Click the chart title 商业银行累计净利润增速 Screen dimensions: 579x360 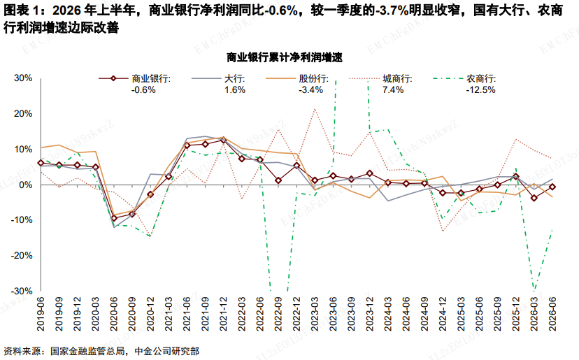click(285, 57)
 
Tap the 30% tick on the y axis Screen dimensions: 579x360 click(23, 78)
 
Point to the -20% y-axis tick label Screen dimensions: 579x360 click(22, 256)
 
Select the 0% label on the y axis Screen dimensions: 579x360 click(26, 185)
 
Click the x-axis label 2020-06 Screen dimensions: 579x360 click(113, 315)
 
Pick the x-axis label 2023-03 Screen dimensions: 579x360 click(314, 315)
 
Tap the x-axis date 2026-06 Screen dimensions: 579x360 click(552, 315)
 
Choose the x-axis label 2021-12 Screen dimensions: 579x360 click(223, 315)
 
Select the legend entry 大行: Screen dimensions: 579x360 click(235, 79)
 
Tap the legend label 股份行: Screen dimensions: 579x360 click(313, 79)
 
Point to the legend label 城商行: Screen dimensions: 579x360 click(397, 79)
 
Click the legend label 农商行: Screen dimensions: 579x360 click(481, 79)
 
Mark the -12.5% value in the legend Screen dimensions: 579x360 click(480, 89)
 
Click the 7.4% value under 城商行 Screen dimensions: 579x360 click(393, 89)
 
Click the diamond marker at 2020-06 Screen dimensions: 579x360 click(114, 218)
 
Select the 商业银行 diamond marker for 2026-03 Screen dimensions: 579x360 click(534, 199)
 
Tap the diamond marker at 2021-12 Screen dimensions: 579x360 click(223, 141)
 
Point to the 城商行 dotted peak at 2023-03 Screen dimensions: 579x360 click(315, 109)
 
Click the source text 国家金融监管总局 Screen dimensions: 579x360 click(87, 351)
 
